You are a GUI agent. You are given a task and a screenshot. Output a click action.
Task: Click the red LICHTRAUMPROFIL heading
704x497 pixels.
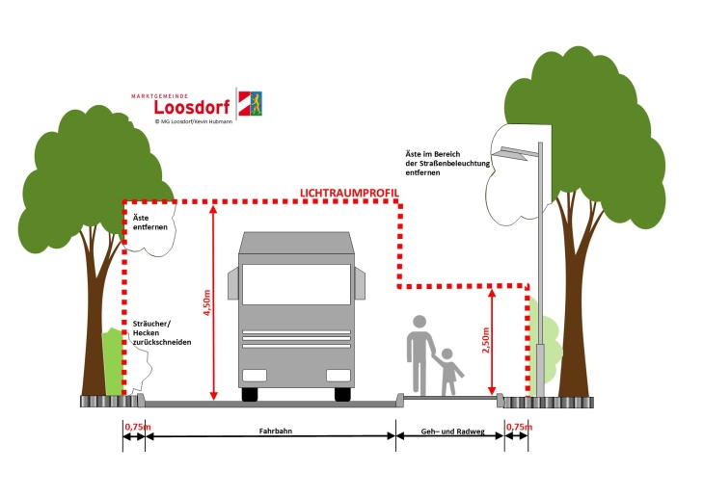(x=349, y=193)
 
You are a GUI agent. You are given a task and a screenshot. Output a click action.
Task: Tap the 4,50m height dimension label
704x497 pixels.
(x=207, y=302)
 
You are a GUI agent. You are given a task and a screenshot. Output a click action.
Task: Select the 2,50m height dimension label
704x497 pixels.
(x=486, y=340)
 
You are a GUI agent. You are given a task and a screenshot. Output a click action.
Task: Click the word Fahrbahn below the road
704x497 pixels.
(x=276, y=432)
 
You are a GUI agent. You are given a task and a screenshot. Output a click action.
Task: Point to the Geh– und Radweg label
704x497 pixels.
(x=452, y=432)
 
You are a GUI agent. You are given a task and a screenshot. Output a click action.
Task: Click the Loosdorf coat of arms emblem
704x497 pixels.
(x=250, y=104)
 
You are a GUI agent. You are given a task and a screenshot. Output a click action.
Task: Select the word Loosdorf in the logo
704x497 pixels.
(x=192, y=107)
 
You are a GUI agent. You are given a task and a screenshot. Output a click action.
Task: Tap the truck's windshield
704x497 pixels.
(x=296, y=284)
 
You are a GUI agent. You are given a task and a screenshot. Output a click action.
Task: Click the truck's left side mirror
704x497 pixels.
(x=232, y=283)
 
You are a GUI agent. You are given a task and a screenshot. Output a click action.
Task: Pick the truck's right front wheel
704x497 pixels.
(x=342, y=394)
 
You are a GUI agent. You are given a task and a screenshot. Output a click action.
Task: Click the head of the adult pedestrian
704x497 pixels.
(x=420, y=322)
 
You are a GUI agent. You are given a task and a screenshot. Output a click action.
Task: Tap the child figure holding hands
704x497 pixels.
(x=448, y=372)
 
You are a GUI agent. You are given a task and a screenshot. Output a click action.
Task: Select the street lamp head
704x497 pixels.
(x=515, y=153)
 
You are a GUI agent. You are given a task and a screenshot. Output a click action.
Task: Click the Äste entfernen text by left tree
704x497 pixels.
(x=149, y=222)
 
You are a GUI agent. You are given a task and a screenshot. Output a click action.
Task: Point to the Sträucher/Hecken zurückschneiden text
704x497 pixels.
(x=162, y=333)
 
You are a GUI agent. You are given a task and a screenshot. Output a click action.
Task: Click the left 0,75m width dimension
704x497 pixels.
(x=138, y=427)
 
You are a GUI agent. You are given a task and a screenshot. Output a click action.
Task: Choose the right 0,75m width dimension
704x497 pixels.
(x=519, y=427)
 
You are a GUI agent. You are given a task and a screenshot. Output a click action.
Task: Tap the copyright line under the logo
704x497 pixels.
(x=194, y=121)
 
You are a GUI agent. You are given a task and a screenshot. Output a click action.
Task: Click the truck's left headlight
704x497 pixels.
(x=255, y=375)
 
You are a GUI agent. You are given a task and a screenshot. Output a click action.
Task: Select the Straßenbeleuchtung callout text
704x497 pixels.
(x=447, y=164)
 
